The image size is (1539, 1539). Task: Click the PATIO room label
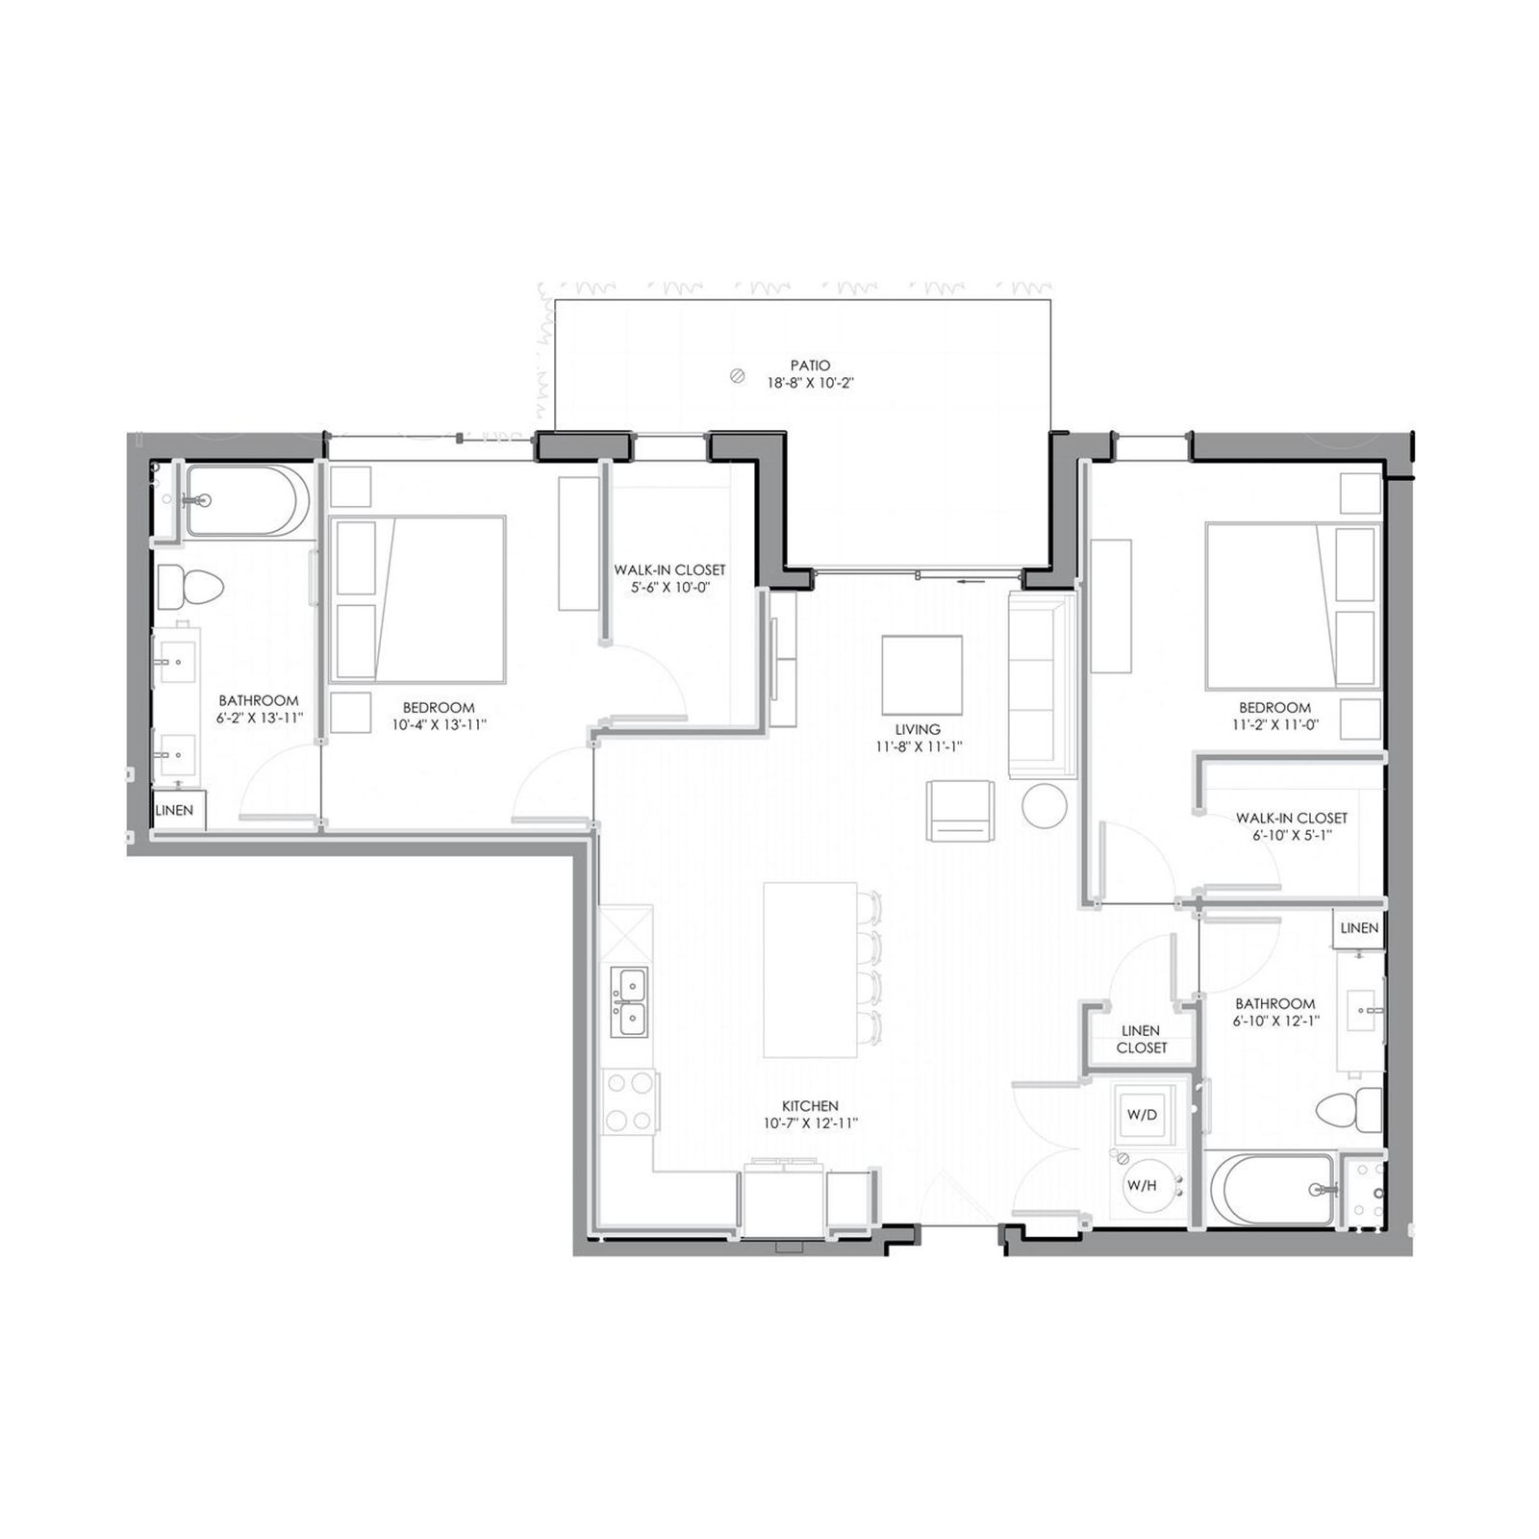click(810, 366)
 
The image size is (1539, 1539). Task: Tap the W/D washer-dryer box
click(1142, 1115)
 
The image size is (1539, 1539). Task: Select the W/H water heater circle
click(1143, 1185)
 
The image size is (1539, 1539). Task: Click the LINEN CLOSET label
click(1142, 1039)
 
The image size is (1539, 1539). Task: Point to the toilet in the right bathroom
click(1350, 1110)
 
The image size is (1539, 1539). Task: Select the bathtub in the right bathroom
click(1272, 1189)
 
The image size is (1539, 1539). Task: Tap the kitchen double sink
click(631, 1002)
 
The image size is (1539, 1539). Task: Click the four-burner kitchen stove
click(629, 1101)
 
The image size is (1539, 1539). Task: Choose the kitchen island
click(810, 970)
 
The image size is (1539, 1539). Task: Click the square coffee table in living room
click(921, 674)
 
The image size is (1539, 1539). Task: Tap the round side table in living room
click(1044, 806)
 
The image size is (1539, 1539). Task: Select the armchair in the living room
click(960, 811)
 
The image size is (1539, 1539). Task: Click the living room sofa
click(1041, 684)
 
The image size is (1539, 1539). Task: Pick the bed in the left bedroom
click(418, 599)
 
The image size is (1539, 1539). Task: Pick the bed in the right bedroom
click(1292, 606)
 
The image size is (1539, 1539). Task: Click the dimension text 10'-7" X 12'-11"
click(810, 1123)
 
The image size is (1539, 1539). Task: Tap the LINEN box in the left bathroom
click(176, 810)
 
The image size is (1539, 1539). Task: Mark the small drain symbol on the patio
click(738, 376)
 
